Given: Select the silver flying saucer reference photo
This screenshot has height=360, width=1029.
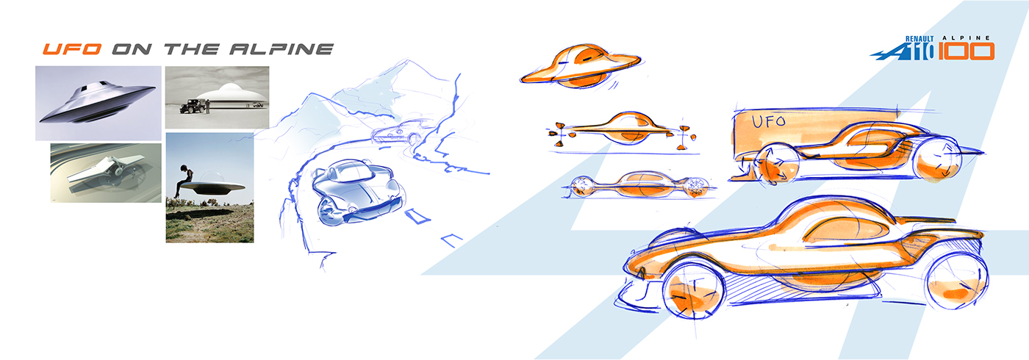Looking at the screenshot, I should pyautogui.click(x=98, y=102).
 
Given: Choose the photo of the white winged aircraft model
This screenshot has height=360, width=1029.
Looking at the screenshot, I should pyautogui.click(x=105, y=172).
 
